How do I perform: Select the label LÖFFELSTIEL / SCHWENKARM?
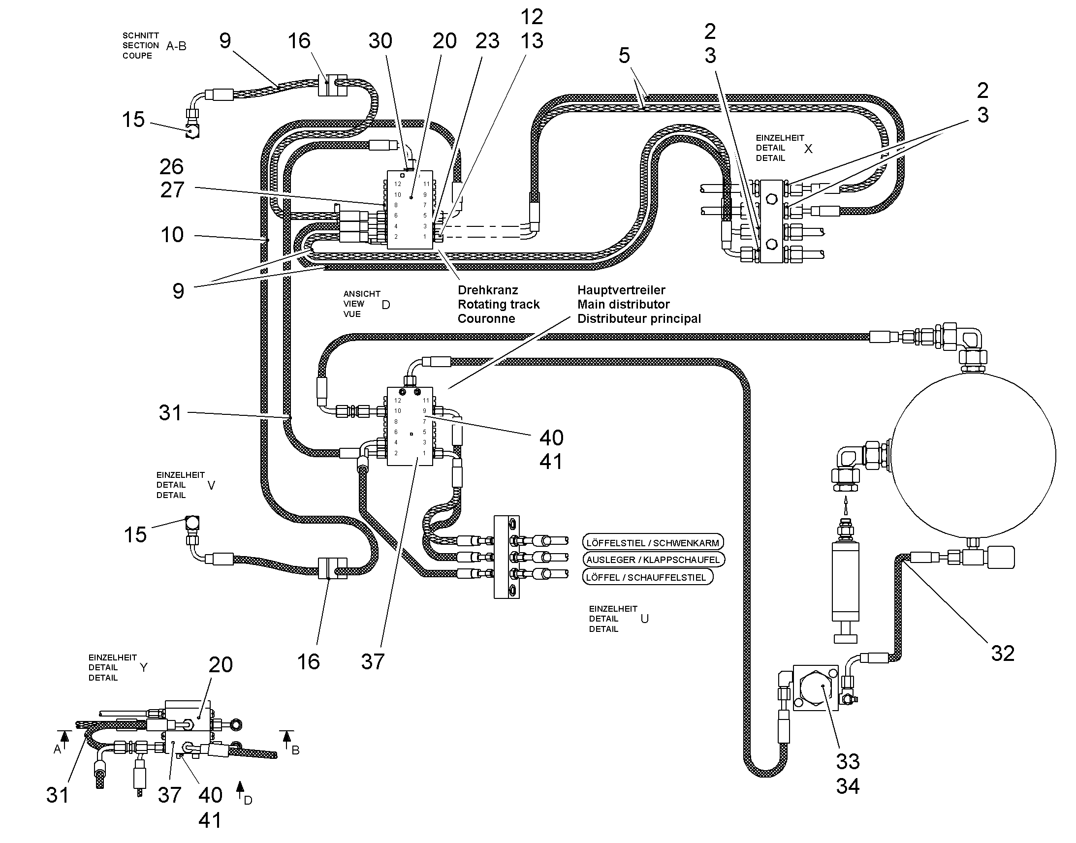653,543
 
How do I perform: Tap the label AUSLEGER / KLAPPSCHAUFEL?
654,560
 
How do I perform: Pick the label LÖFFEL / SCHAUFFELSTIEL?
647,577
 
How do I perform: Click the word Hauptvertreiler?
621,290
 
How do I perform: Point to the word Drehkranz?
488,290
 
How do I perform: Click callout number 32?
1003,654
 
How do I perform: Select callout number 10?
172,234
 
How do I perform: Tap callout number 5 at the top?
624,55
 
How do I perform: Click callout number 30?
380,41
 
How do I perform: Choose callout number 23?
487,41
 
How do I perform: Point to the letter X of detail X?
808,149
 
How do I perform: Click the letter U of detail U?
645,619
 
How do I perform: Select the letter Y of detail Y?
144,668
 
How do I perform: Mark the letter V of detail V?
211,486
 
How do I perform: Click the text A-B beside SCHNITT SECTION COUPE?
176,46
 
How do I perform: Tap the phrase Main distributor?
623,305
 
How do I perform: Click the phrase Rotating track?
499,305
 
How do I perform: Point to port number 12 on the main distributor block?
398,400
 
